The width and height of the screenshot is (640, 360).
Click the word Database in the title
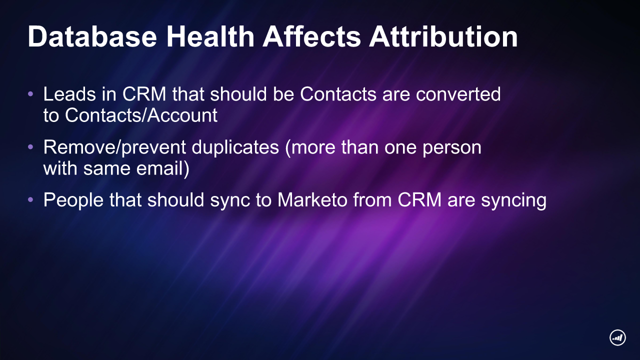(x=92, y=36)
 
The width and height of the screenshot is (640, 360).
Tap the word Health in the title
(x=210, y=36)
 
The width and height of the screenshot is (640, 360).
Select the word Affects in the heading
(x=311, y=36)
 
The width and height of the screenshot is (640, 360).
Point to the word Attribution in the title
(x=443, y=36)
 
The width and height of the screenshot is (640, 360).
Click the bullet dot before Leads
(x=30, y=93)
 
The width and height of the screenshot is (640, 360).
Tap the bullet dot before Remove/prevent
(x=30, y=147)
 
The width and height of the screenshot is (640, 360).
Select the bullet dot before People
(x=30, y=199)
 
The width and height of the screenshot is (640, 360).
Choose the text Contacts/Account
(x=141, y=115)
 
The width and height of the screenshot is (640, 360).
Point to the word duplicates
(x=235, y=147)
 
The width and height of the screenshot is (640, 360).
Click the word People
(x=73, y=200)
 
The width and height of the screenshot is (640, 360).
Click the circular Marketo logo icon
(x=617, y=337)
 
